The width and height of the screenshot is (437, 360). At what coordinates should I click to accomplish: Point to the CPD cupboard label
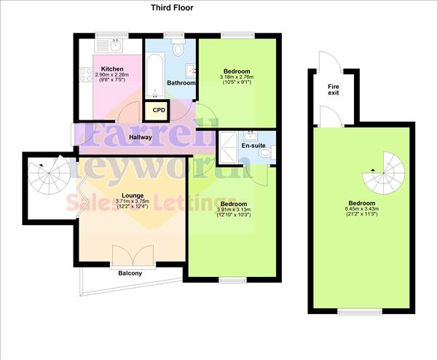pyautogui.click(x=158, y=110)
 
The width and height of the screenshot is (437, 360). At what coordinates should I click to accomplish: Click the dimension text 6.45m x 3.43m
pyautogui.click(x=362, y=210)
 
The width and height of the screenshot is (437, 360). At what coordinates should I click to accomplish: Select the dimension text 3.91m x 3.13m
pyautogui.click(x=235, y=210)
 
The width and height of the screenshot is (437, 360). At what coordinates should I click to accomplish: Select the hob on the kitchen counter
pyautogui.click(x=86, y=74)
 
